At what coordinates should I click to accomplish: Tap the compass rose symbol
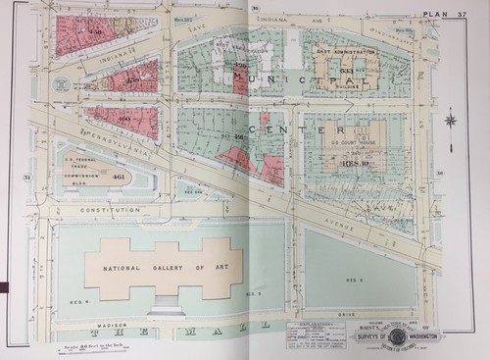click(x=451, y=121)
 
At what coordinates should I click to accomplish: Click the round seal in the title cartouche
click(x=398, y=336)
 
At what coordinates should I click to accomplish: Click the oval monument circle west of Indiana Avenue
click(x=63, y=85)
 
